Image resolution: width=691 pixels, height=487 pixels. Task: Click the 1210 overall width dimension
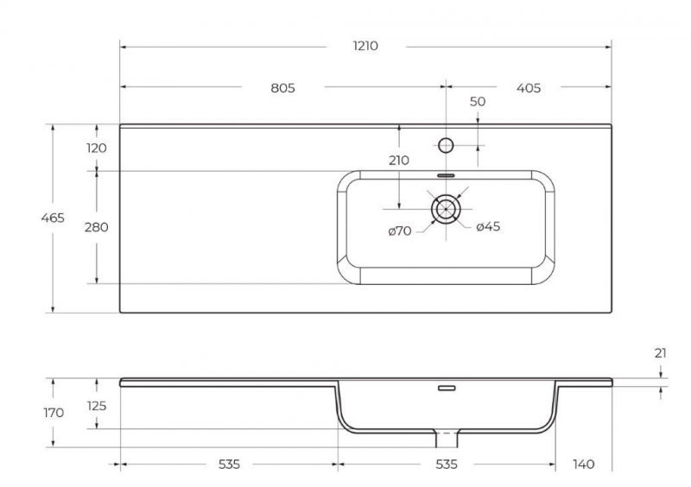click(x=365, y=46)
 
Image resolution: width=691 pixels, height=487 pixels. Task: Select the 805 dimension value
click(x=282, y=87)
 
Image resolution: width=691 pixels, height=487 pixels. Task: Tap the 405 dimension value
click(x=528, y=87)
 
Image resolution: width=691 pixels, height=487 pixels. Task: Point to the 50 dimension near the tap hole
click(x=478, y=102)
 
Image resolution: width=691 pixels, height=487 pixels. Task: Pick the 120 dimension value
click(x=97, y=148)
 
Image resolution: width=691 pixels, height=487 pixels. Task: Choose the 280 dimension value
click(x=97, y=227)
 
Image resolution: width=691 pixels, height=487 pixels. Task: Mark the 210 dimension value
click(x=399, y=160)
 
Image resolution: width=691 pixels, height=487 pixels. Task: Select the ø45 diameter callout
click(x=489, y=227)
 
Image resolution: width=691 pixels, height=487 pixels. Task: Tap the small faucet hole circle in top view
click(x=446, y=145)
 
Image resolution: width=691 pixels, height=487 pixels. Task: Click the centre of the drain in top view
click(x=446, y=208)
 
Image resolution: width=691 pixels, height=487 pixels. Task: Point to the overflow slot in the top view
click(x=446, y=174)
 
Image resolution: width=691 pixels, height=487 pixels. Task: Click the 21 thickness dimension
click(x=662, y=353)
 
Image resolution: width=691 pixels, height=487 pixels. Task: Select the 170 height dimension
click(x=53, y=413)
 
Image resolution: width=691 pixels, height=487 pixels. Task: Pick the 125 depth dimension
click(x=97, y=406)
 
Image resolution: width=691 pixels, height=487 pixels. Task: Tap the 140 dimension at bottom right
click(x=584, y=465)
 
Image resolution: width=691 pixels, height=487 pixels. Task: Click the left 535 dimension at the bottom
click(x=228, y=465)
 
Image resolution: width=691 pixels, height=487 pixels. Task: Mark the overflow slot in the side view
click(x=446, y=389)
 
